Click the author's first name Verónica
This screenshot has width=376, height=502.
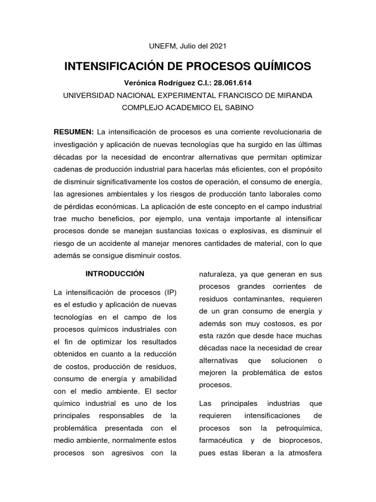pyautogui.click(x=141, y=83)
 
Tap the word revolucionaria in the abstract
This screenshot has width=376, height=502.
pyautogui.click(x=281, y=132)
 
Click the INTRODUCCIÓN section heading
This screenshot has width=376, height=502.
pyautogui.click(x=115, y=273)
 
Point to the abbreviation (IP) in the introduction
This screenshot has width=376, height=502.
pyautogui.click(x=167, y=293)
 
